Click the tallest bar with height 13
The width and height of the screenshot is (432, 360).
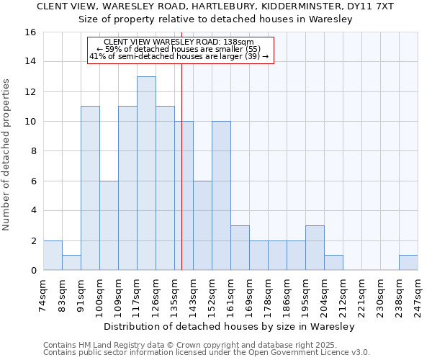pyautogui.click(x=146, y=173)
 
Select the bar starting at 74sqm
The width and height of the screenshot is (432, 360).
pyautogui.click(x=53, y=255)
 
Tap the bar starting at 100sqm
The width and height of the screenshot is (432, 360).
pyautogui.click(x=109, y=225)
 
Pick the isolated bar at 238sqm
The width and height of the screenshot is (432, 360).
pyautogui.click(x=408, y=263)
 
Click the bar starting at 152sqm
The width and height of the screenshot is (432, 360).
pyautogui.click(x=221, y=196)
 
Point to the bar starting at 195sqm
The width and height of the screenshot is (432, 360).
pyautogui.click(x=315, y=248)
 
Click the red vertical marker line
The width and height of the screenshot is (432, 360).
pyautogui.click(x=181, y=180)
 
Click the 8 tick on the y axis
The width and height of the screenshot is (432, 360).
pyautogui.click(x=33, y=151)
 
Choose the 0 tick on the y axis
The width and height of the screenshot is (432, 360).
pyautogui.click(x=33, y=271)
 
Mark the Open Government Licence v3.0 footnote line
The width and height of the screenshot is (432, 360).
pyautogui.click(x=207, y=353)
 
